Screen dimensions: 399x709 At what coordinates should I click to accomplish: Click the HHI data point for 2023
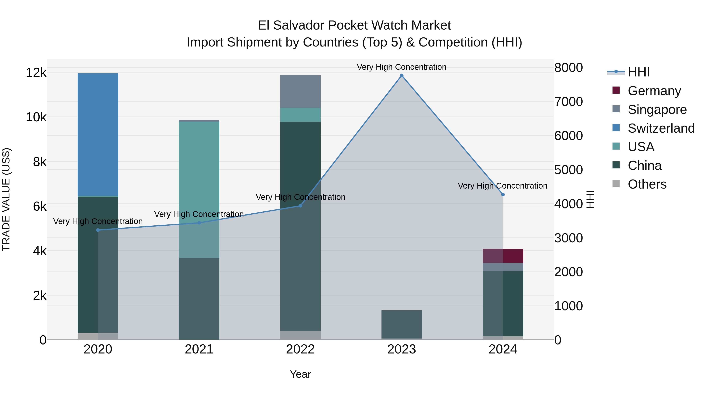tap(402, 75)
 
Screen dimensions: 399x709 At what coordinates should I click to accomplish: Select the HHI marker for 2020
tap(98, 230)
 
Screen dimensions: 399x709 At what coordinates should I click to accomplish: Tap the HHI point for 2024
tap(503, 195)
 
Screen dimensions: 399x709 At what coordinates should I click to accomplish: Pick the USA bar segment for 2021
tap(199, 190)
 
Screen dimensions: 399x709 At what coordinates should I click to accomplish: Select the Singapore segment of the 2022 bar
tap(300, 91)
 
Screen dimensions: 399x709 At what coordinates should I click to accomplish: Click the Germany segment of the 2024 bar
tap(503, 256)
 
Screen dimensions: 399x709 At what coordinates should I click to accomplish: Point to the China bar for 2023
tap(402, 324)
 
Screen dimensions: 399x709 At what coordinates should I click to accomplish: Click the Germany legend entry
tap(654, 91)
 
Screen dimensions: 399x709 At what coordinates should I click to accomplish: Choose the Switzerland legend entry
tap(661, 128)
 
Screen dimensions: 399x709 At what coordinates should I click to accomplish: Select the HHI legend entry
tap(638, 72)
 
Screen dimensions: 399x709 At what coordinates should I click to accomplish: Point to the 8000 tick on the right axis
tap(568, 68)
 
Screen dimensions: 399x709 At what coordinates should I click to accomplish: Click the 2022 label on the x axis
tap(300, 349)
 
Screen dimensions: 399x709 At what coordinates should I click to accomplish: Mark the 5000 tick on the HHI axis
tap(568, 170)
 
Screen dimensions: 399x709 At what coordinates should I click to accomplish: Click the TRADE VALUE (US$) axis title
tap(6, 199)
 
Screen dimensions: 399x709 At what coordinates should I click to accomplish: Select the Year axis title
tap(300, 374)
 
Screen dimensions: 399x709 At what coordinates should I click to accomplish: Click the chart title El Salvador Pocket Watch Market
tap(354, 25)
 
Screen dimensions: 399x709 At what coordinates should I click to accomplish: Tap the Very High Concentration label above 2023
tap(402, 67)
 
